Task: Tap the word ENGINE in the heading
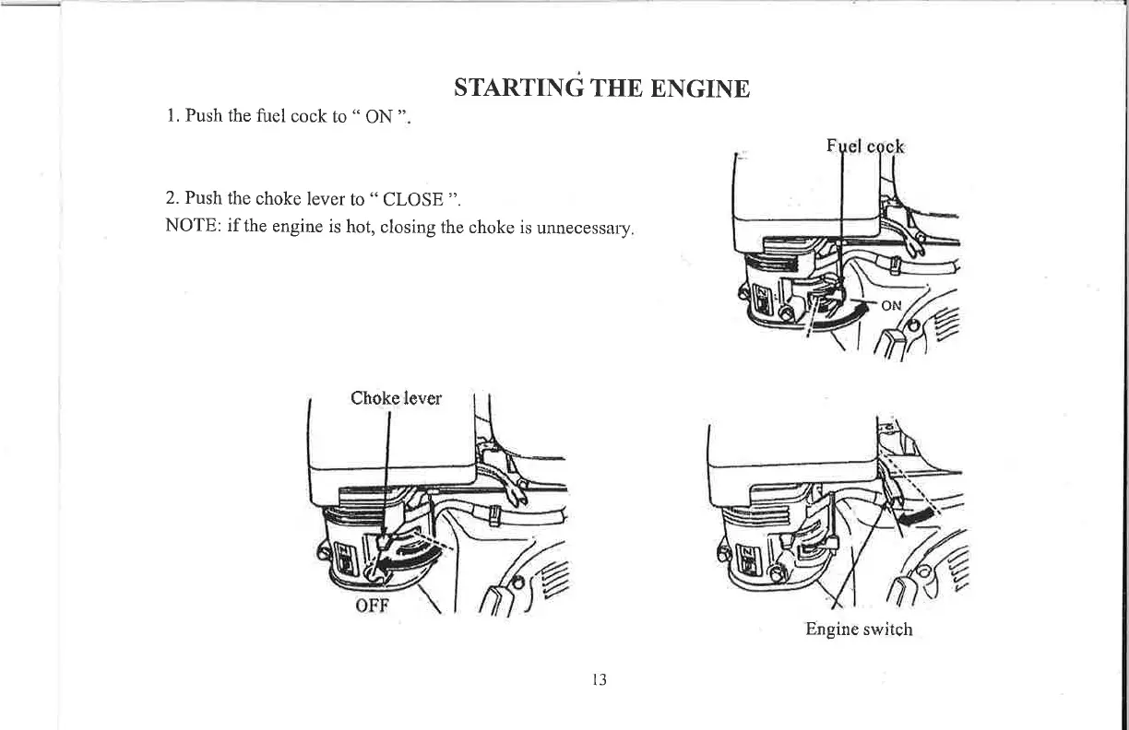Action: coord(700,89)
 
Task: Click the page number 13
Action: coord(599,680)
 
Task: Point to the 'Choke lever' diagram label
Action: coord(396,398)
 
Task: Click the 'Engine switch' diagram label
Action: coord(859,630)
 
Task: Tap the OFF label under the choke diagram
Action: coord(374,606)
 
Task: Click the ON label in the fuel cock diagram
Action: coord(892,308)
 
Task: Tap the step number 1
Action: coord(172,116)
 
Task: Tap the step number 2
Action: coord(172,199)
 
